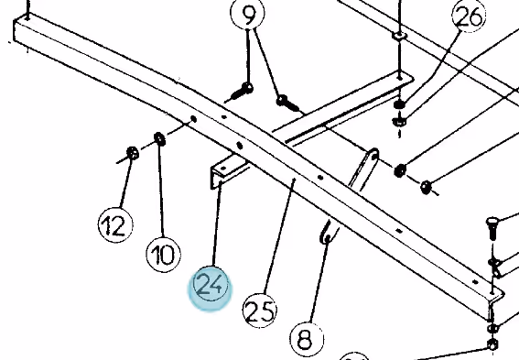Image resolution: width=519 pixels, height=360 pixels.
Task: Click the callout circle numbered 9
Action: pyautogui.click(x=247, y=13)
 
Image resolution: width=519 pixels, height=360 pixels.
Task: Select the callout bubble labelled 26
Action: pyautogui.click(x=469, y=16)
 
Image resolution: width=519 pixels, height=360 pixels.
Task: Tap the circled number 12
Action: pyautogui.click(x=115, y=224)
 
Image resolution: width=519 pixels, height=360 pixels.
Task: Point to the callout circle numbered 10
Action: pyautogui.click(x=164, y=254)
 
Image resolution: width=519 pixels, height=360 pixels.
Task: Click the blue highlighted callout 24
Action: pyautogui.click(x=211, y=287)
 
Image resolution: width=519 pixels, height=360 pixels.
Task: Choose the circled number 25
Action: pyautogui.click(x=260, y=311)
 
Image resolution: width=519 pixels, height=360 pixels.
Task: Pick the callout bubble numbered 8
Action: pyautogui.click(x=307, y=338)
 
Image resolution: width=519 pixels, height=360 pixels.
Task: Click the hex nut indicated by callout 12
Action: pyautogui.click(x=133, y=153)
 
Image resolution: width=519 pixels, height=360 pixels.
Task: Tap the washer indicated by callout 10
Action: pyautogui.click(x=160, y=139)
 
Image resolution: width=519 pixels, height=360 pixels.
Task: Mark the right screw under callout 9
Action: pyautogui.click(x=287, y=103)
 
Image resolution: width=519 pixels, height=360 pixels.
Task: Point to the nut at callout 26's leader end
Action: pyautogui.click(x=400, y=105)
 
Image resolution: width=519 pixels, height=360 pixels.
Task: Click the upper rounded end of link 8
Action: pyautogui.click(x=373, y=155)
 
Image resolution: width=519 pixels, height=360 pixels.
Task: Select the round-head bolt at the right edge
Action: pyautogui.click(x=492, y=227)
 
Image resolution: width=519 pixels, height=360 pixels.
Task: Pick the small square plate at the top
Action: pyautogui.click(x=399, y=36)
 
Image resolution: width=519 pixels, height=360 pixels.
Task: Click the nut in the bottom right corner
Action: pyautogui.click(x=492, y=344)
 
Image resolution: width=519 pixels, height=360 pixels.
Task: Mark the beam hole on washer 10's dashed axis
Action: pyautogui.click(x=194, y=119)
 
